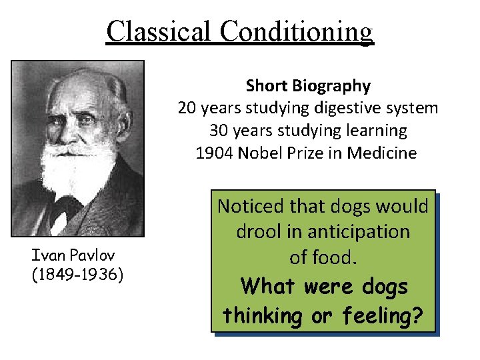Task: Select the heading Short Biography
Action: (308, 85)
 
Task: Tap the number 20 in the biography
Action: (187, 108)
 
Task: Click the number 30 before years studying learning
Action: (219, 131)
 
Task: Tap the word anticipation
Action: (355, 232)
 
